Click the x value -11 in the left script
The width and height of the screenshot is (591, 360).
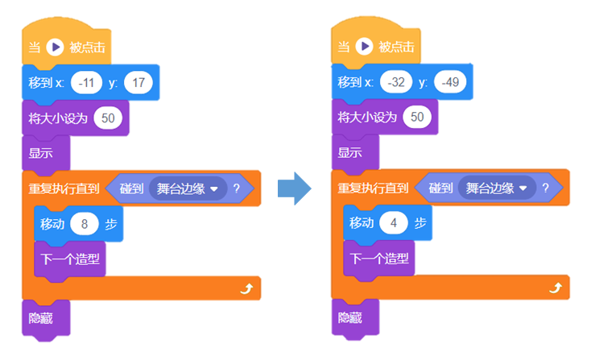[x=86, y=82]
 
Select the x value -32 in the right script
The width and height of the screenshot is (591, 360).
[x=395, y=82]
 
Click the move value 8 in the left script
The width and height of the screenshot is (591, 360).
[x=84, y=224]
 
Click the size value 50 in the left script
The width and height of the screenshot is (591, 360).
[x=108, y=118]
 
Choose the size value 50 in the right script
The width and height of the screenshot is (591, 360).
[x=417, y=118]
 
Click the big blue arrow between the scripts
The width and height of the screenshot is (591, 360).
[x=294, y=188]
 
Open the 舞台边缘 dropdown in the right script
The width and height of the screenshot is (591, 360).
[x=497, y=188]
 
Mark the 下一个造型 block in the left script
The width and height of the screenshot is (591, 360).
[x=70, y=259]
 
